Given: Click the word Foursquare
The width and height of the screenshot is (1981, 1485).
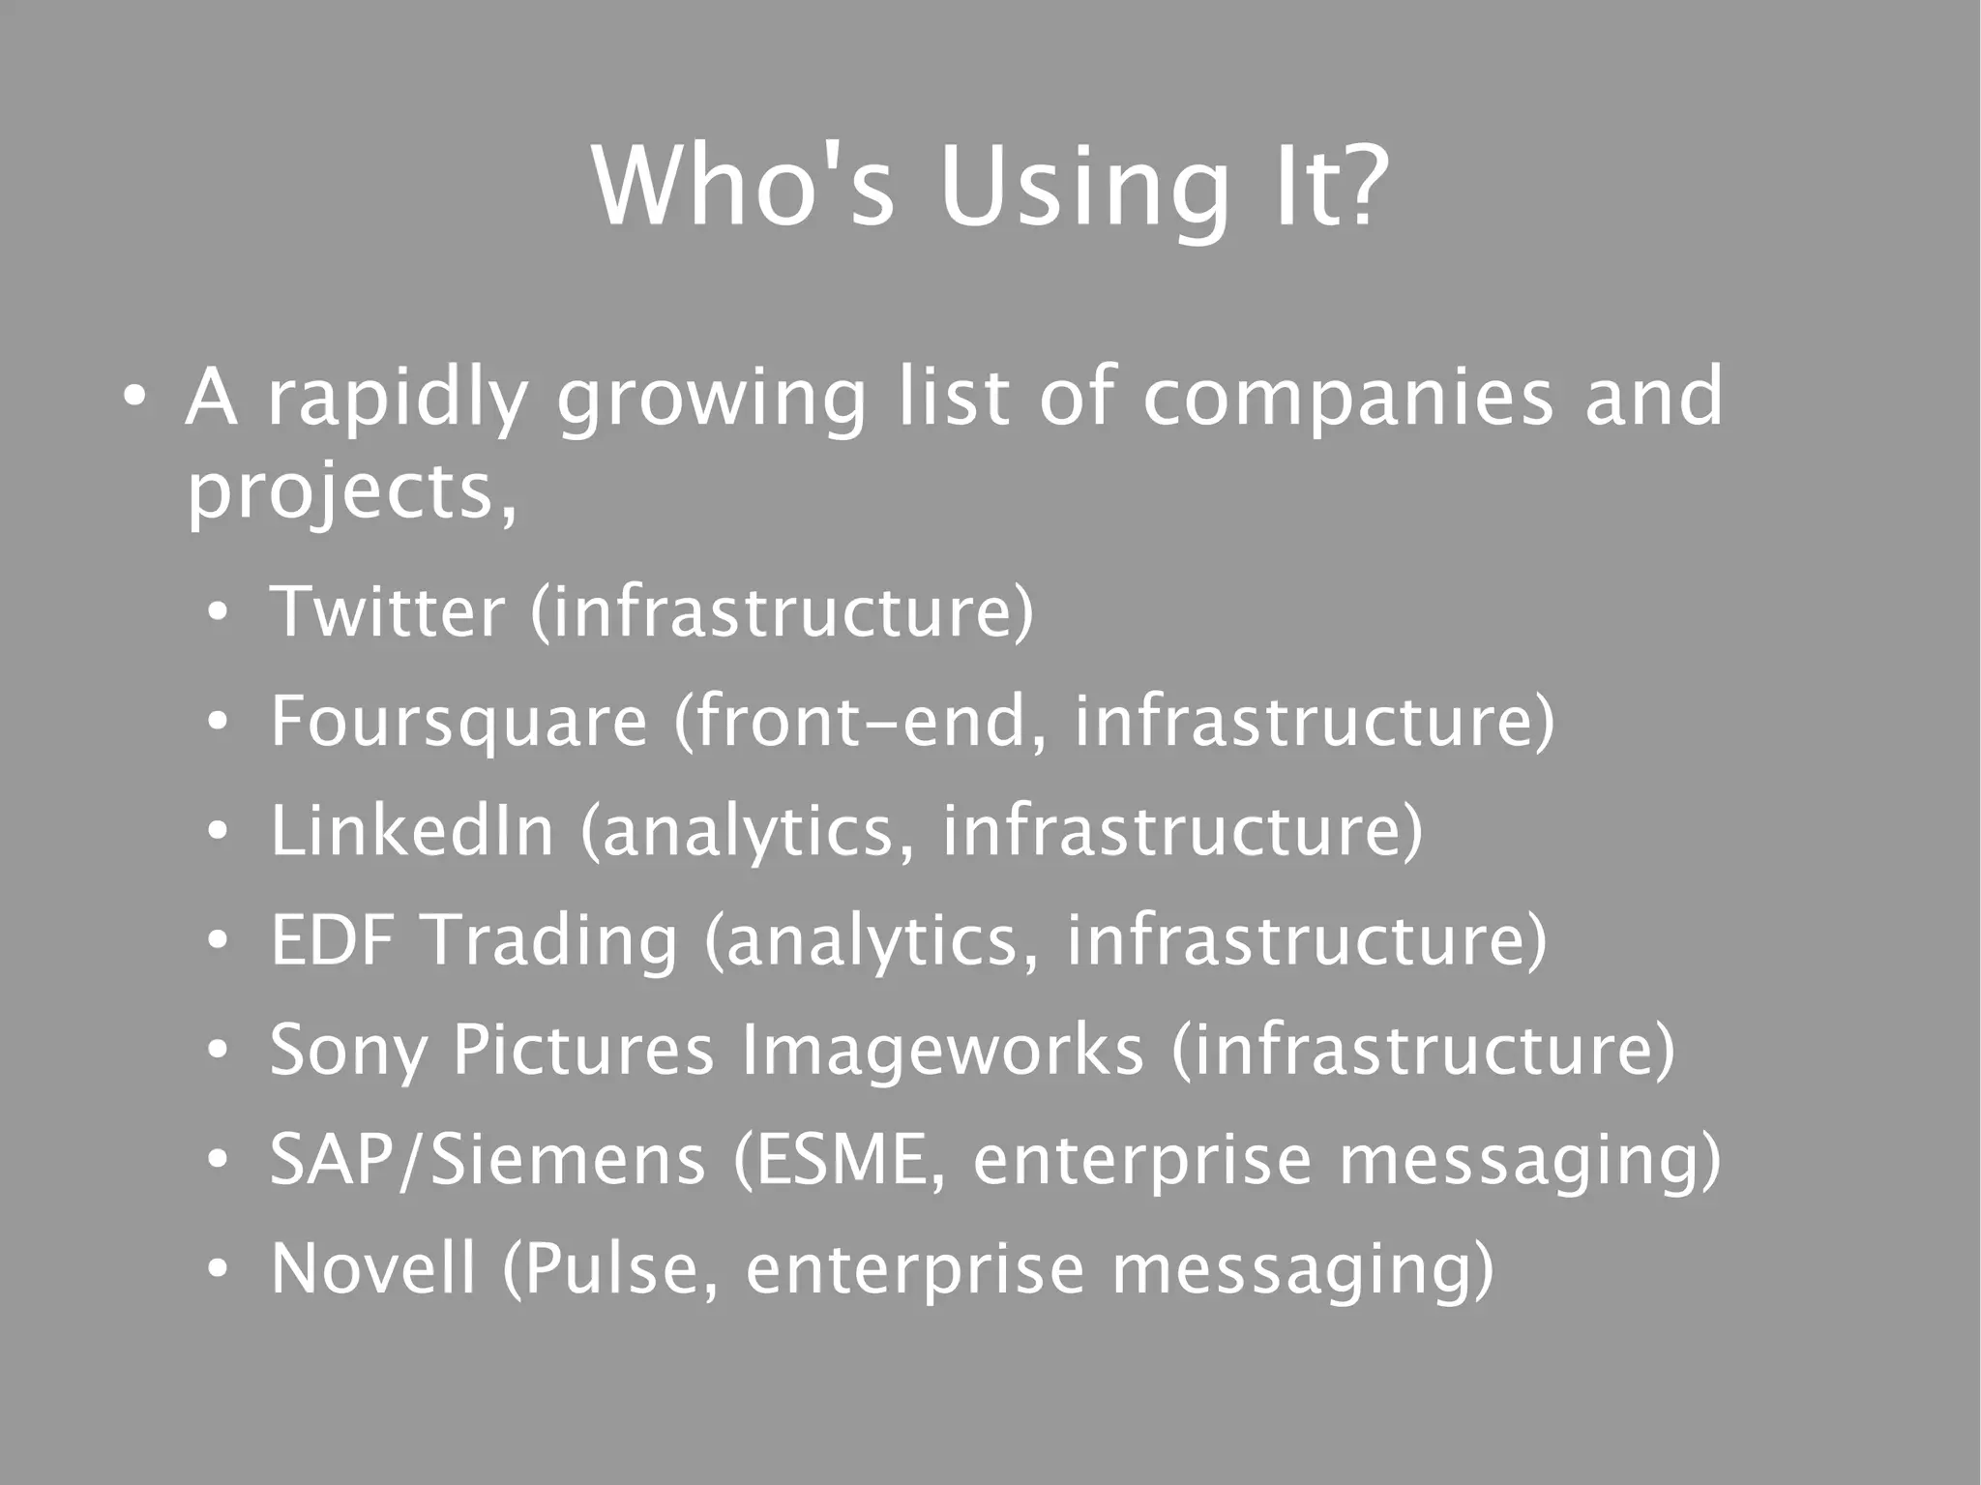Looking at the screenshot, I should pos(458,722).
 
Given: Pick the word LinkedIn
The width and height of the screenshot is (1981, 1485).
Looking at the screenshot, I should pos(412,830).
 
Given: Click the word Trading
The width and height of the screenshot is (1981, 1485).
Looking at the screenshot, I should pos(552,941).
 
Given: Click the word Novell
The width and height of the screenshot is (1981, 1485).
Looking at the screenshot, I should pos(373,1268).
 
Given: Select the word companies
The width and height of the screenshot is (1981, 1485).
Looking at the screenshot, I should pos(1347,397).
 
